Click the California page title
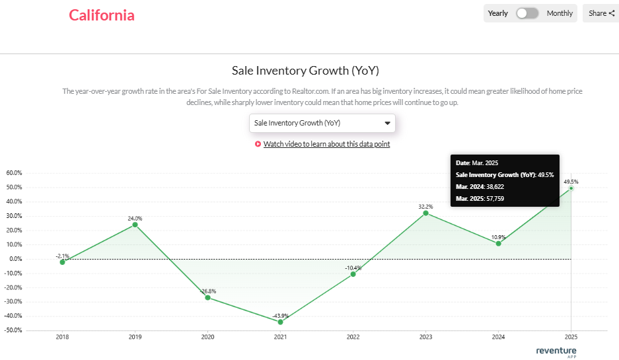coord(102,15)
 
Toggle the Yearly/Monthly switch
coord(527,13)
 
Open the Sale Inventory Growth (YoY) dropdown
coord(322,123)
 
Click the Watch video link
coord(326,144)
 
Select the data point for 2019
coord(135,225)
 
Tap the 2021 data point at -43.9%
coord(281,322)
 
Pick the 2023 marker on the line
coord(426,213)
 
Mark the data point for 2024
coord(498,244)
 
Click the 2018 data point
coord(63,262)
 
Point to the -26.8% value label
coord(208,291)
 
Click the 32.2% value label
coord(426,206)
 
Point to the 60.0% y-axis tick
coord(14,173)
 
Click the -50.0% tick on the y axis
coord(13,330)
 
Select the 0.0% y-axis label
coord(15,259)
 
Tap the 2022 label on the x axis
coord(353,337)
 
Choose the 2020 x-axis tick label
coord(207,337)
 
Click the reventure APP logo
coord(556,351)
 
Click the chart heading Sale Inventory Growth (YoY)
coord(305,71)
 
